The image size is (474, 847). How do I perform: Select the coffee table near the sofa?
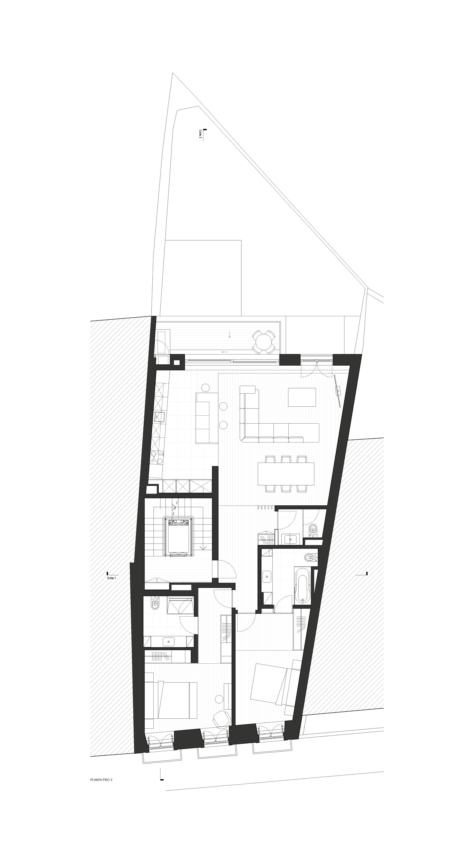click(x=301, y=397)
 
